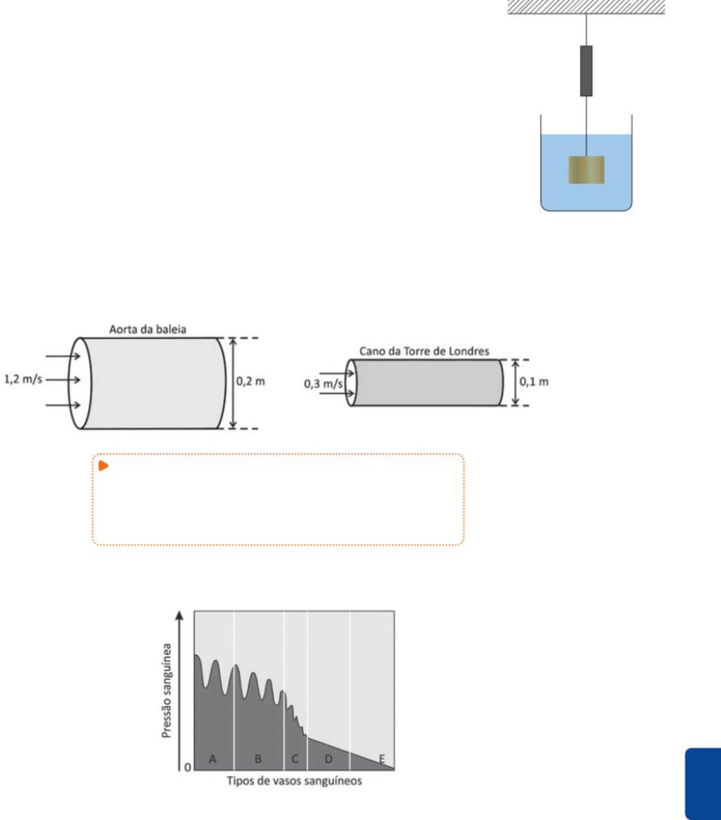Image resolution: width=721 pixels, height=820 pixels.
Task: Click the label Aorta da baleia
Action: (147, 330)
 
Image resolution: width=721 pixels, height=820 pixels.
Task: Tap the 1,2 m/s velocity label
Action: (23, 379)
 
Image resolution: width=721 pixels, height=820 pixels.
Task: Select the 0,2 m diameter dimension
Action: (250, 382)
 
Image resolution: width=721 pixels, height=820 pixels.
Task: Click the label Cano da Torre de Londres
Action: (423, 352)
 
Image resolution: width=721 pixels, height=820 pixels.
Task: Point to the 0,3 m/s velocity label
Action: (323, 384)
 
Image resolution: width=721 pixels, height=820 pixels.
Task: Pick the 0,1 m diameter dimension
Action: (534, 382)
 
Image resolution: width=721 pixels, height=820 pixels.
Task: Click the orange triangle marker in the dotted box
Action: (104, 465)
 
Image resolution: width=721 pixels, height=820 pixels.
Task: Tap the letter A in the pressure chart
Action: (213, 759)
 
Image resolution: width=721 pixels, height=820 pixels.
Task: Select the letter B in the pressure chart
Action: (258, 759)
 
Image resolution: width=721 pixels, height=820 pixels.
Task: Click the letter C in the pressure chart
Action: (295, 759)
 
